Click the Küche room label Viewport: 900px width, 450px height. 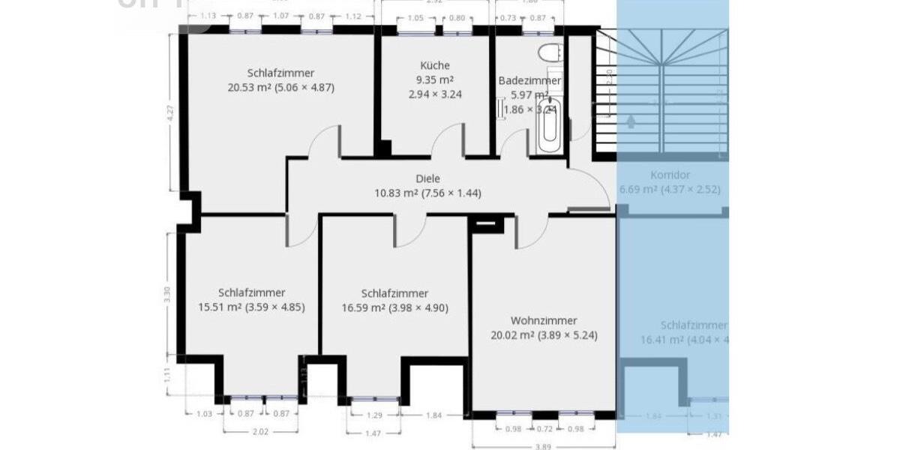point(435,65)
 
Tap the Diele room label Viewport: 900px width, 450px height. point(427,178)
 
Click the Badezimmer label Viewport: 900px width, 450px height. point(529,80)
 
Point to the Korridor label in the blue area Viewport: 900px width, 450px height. point(670,175)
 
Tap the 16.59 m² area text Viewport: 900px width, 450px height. point(363,307)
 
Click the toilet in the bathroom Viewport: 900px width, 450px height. point(549,53)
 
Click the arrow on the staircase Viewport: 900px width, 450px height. point(631,120)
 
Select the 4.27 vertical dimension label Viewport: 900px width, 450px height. point(171,113)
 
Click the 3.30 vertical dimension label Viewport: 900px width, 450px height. point(168,292)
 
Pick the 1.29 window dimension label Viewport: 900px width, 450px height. point(375,415)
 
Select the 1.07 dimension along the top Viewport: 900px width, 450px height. point(281,16)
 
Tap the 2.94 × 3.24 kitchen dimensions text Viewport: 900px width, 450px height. point(435,94)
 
